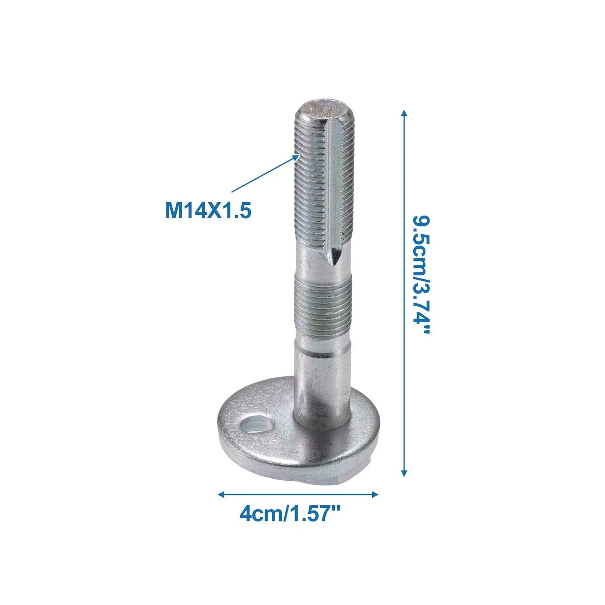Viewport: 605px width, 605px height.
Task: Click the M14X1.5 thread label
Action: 208,211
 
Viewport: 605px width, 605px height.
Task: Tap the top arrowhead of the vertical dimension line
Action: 404,113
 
